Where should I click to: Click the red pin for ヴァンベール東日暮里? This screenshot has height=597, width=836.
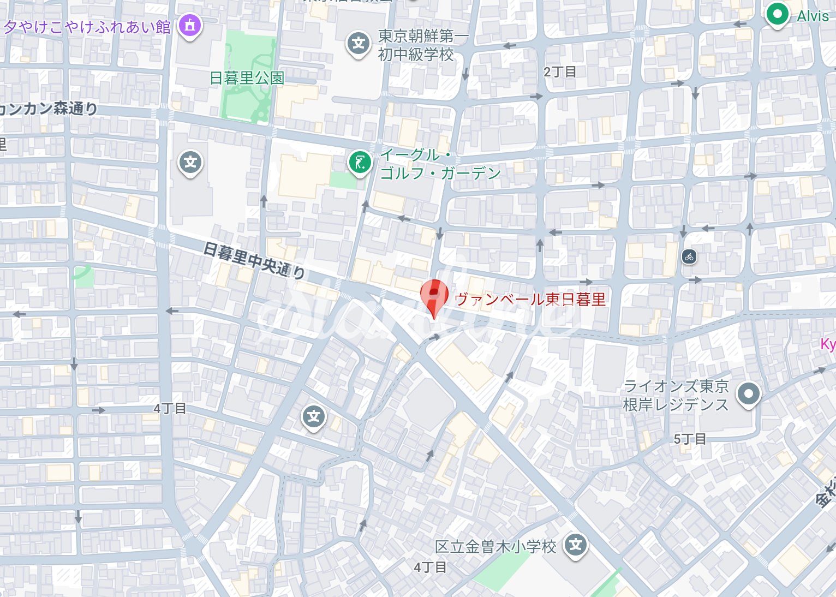434,296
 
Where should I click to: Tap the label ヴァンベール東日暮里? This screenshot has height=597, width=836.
530,300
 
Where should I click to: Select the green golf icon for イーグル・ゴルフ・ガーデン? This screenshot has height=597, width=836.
360,163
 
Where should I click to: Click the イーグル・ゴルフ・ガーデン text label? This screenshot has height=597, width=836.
440,164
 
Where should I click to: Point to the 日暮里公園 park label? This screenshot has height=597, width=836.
247,78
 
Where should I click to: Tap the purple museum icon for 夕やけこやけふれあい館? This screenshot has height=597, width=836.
189,25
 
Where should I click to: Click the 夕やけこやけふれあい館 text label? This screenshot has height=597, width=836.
87,27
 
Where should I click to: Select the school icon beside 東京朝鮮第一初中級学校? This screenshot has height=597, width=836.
358,43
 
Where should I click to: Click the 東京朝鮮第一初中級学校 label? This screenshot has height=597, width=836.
422,45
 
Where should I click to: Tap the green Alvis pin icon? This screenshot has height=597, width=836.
777,14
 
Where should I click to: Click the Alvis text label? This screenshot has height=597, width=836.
813,16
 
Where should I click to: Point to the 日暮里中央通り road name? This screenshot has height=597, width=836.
254,260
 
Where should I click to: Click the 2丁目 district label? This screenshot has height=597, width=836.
560,71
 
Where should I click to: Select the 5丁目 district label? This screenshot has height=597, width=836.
689,439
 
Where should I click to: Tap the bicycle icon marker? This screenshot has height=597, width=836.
689,256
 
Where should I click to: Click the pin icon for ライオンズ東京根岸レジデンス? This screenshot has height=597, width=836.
748,393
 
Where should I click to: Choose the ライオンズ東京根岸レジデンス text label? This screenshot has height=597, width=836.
676,395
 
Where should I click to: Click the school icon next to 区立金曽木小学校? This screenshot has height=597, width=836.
576,545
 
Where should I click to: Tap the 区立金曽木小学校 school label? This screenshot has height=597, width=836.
495,546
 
